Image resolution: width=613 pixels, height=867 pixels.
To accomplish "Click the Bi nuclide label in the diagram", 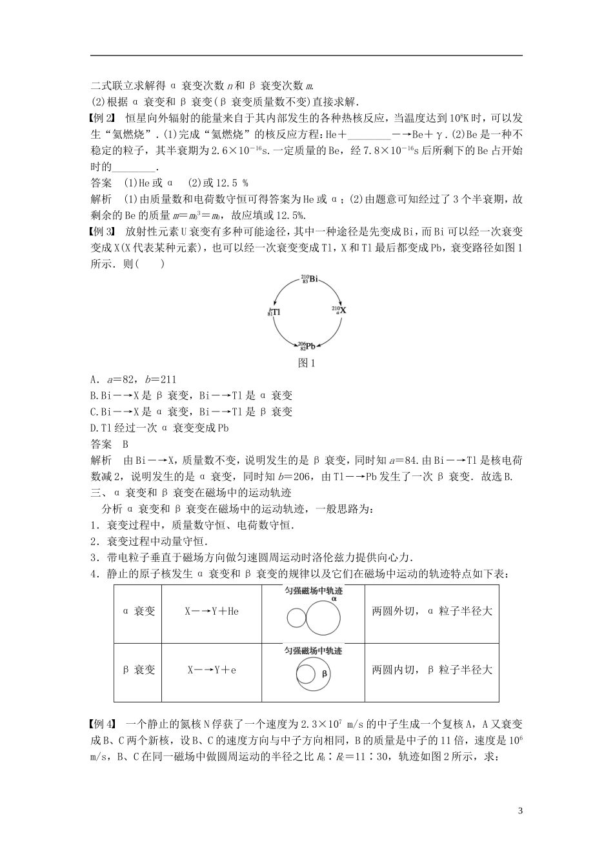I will [309, 279].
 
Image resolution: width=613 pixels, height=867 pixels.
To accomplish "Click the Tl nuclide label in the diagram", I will [274, 312].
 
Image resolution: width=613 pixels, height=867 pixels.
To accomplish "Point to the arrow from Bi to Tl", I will [281, 290].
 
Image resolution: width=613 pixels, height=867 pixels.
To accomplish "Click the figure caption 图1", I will [306, 363].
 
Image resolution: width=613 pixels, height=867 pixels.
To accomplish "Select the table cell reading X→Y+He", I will [212, 610].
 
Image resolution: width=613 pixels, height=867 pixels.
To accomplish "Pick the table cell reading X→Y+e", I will [212, 670].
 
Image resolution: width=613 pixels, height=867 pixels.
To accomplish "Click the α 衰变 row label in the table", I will [138, 610].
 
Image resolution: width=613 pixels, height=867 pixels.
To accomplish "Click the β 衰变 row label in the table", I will [138, 670].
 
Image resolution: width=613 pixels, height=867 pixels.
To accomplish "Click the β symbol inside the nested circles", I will [325, 673].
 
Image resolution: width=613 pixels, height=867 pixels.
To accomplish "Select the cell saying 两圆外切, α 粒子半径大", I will [432, 610].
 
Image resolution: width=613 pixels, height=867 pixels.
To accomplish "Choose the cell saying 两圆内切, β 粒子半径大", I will [432, 670].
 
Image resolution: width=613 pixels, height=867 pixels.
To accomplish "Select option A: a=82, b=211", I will [132, 379].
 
